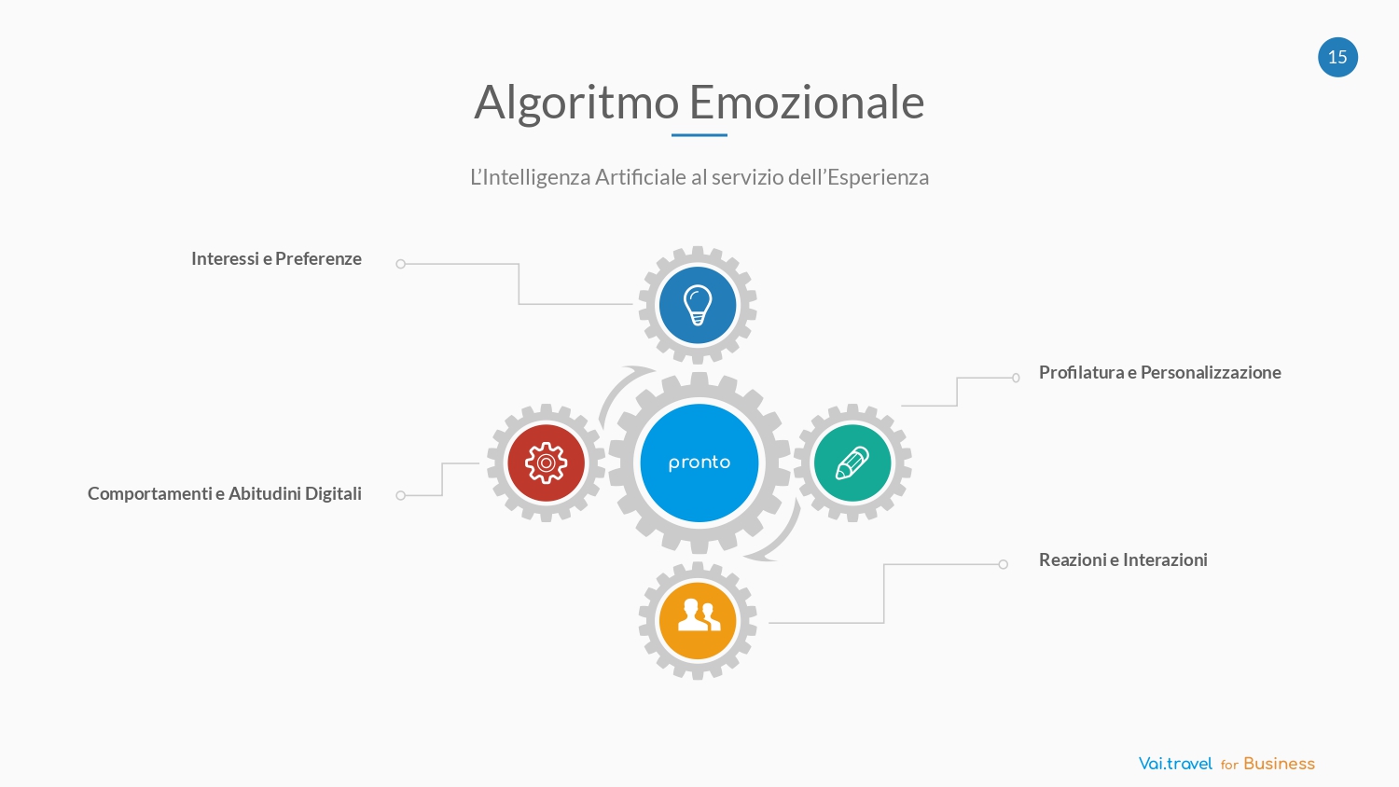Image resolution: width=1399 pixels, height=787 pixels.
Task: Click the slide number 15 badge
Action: click(x=1337, y=57)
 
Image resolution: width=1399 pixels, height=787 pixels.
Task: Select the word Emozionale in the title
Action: click(x=807, y=102)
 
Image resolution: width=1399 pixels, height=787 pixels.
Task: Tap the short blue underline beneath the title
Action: click(x=699, y=135)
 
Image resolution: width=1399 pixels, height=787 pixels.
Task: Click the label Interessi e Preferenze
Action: click(x=276, y=258)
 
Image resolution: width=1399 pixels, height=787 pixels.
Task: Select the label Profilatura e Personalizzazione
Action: click(x=1160, y=372)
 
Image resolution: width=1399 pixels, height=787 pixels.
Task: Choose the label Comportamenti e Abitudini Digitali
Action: click(x=224, y=493)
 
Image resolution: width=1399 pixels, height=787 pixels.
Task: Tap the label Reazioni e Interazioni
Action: click(x=1123, y=559)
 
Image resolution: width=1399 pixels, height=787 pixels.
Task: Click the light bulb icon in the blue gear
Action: click(x=698, y=305)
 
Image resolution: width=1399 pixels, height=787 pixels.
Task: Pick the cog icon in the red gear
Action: click(x=546, y=463)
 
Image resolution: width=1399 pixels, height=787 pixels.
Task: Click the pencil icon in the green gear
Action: click(x=852, y=463)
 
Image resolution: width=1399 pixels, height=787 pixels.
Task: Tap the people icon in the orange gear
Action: click(x=699, y=614)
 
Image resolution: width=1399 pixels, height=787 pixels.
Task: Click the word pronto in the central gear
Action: click(x=699, y=463)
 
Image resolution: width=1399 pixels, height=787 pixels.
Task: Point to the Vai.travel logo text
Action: click(x=1175, y=764)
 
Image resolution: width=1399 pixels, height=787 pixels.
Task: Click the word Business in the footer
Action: click(x=1279, y=764)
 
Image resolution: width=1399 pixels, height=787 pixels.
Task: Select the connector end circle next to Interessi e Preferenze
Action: click(x=401, y=264)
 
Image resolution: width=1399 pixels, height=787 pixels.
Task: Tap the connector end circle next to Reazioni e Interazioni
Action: click(x=1003, y=565)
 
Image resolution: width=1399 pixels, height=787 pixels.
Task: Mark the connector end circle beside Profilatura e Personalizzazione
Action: click(x=1017, y=378)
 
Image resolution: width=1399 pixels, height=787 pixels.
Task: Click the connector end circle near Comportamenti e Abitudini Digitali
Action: click(x=401, y=496)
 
